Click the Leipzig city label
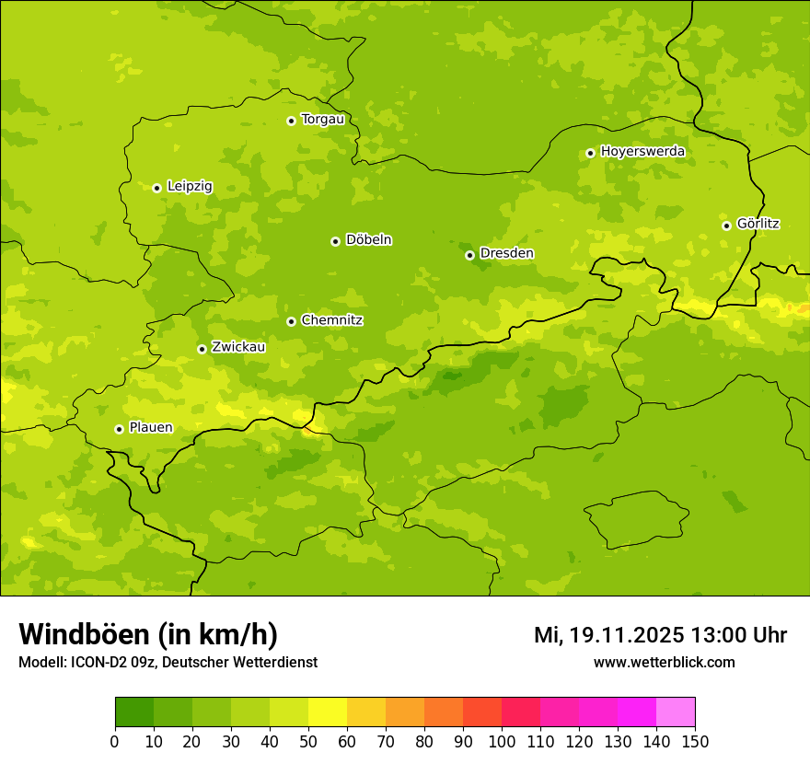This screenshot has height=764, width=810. coord(190,186)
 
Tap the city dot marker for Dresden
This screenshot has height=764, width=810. coord(469,255)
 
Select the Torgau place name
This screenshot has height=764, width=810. coord(322,119)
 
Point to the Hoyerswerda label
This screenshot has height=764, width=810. coord(642,151)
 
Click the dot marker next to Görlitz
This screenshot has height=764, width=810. coord(726,226)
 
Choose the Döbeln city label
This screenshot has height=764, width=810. coord(368,239)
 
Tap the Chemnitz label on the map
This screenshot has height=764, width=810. coord(331,320)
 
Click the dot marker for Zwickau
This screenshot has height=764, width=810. coord(202,349)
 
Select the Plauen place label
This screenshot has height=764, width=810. coord(151,427)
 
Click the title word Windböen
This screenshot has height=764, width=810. coord(84,634)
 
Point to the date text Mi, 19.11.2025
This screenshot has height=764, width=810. coord(608,635)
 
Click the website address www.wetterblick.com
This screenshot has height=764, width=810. coord(664,662)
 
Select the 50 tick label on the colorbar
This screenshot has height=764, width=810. coord(308,741)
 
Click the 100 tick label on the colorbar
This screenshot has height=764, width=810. coord(502,741)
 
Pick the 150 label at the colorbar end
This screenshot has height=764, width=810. coord(695,741)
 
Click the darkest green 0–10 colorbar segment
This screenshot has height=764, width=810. coord(134,712)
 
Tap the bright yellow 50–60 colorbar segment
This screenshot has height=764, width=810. coord(328,712)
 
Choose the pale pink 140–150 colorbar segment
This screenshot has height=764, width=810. coord(676,712)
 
